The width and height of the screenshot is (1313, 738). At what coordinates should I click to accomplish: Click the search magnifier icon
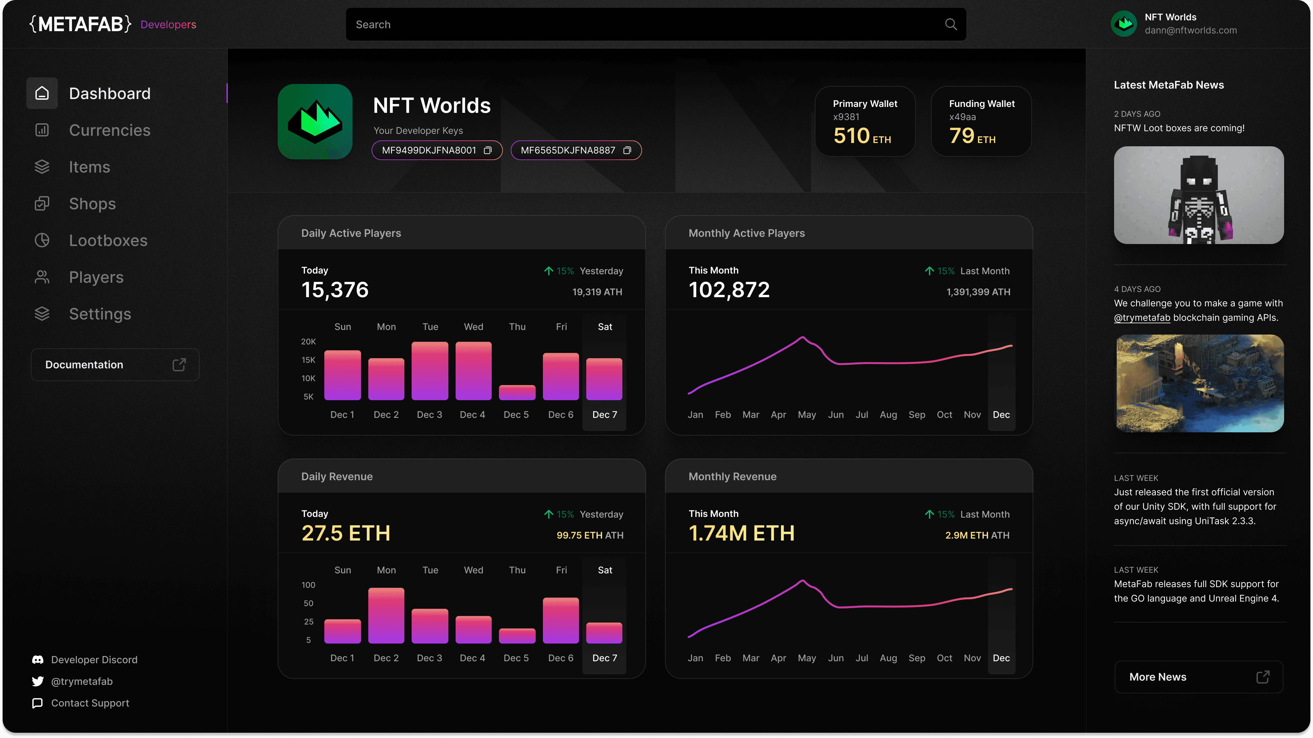click(x=951, y=25)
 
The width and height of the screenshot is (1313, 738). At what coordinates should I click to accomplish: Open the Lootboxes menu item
click(x=108, y=240)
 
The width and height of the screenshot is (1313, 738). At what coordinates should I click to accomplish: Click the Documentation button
click(x=115, y=365)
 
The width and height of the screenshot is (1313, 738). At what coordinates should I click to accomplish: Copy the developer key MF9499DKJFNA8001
click(x=488, y=150)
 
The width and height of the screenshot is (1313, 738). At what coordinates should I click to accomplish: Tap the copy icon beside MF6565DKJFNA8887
click(x=627, y=150)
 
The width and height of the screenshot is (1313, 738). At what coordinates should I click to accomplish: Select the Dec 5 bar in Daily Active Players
click(x=517, y=392)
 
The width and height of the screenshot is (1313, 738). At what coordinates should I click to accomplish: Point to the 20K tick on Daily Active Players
click(x=308, y=342)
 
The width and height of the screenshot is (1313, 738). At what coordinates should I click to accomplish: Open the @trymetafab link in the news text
click(x=1142, y=318)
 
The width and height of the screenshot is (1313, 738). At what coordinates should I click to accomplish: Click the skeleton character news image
click(x=1198, y=195)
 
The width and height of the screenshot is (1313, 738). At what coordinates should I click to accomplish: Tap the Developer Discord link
click(x=94, y=660)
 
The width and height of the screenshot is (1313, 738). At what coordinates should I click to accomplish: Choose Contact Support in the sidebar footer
click(x=90, y=703)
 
